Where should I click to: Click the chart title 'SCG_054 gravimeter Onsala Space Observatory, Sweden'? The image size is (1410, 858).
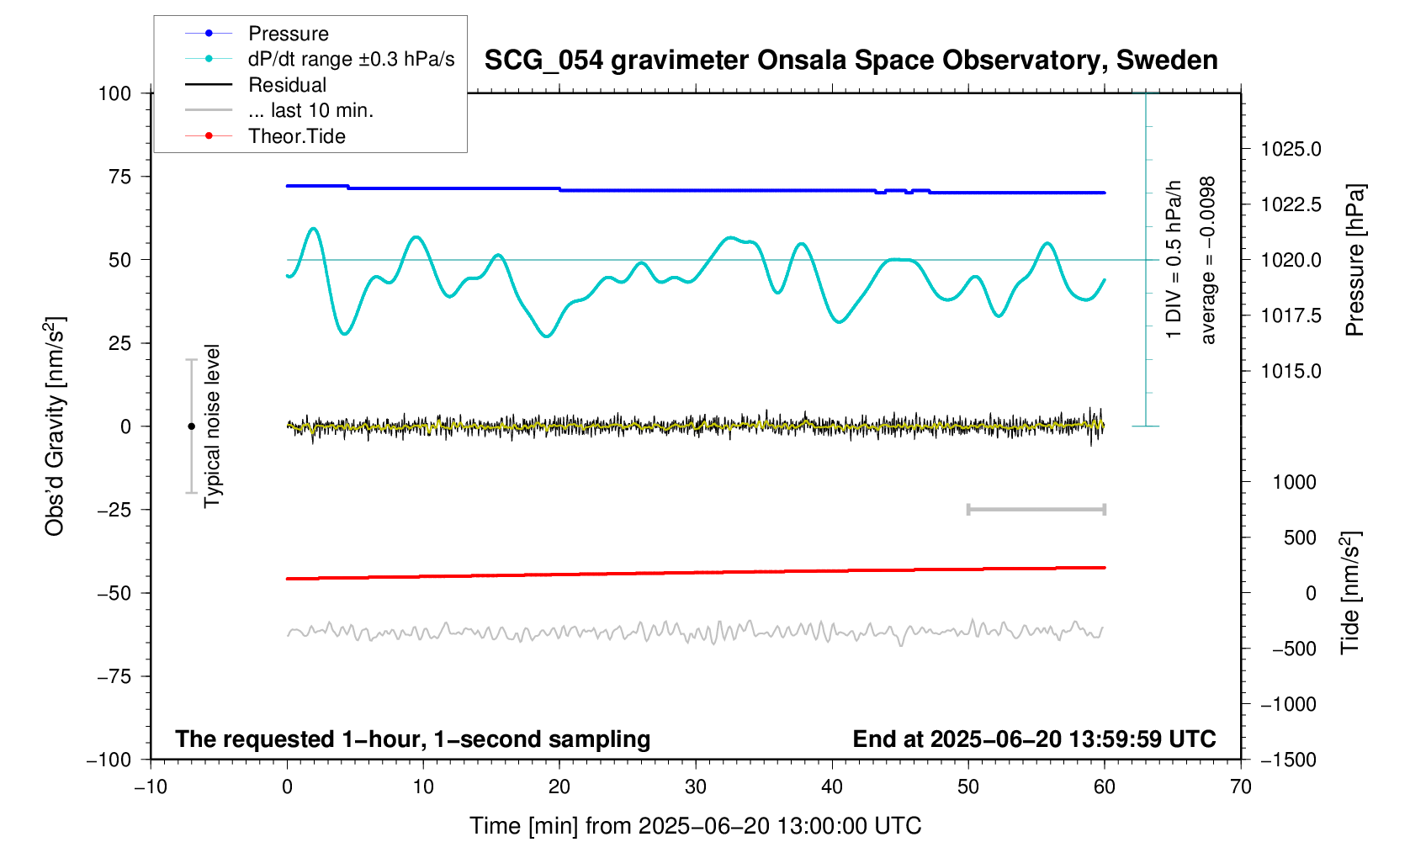pos(851,61)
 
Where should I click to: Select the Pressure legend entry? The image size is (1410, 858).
pos(288,34)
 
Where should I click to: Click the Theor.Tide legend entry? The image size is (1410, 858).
pos(296,136)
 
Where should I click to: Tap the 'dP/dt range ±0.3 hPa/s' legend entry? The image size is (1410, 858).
pos(350,59)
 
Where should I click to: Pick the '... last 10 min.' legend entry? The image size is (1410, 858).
pos(310,110)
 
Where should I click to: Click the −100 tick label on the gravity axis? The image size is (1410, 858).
pos(109,760)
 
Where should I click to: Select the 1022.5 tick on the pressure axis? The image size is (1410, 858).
pos(1291,204)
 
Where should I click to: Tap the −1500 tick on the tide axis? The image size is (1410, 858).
pos(1287,760)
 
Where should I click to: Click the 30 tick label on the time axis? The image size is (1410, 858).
pos(696,787)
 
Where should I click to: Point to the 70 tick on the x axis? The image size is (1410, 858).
pos(1241,787)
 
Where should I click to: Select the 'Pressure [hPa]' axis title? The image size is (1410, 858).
pos(1354,260)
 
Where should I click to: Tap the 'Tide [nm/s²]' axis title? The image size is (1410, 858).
pos(1350,593)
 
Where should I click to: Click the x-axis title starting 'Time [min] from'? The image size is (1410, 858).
pos(695,826)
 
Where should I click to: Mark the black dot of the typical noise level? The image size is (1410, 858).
pos(191,426)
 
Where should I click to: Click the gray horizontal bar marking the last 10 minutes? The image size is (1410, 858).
pos(1036,509)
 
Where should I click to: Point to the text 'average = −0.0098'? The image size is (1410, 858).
pos(1208,260)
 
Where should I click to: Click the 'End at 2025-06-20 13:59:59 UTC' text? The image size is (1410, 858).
pos(1034,739)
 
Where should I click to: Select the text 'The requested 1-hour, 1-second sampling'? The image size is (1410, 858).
pos(412,739)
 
